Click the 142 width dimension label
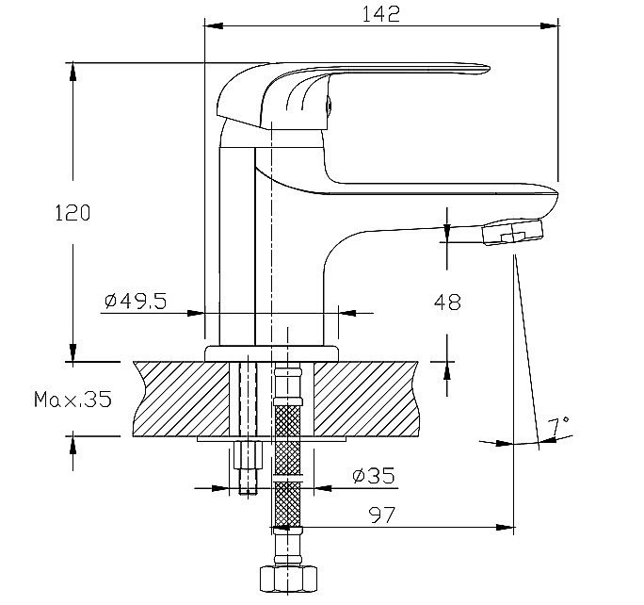[x=380, y=14]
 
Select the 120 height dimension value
[x=72, y=213]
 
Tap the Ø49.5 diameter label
[x=136, y=302]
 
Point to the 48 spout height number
[x=447, y=302]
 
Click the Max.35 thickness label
[x=72, y=399]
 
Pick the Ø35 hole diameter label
[x=374, y=476]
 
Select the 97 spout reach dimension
[x=382, y=515]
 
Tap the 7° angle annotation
[x=559, y=426]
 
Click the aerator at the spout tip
[x=512, y=232]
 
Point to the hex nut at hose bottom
[x=288, y=580]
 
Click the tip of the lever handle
[x=487, y=68]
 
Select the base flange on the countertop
[x=271, y=353]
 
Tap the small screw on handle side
[x=329, y=105]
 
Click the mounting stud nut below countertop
[x=248, y=454]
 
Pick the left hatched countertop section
[x=181, y=399]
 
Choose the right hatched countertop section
[x=365, y=399]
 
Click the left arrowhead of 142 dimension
[x=214, y=25]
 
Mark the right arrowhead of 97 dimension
[x=505, y=528]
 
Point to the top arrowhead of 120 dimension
[x=72, y=72]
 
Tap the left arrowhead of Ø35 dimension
[x=219, y=488]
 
